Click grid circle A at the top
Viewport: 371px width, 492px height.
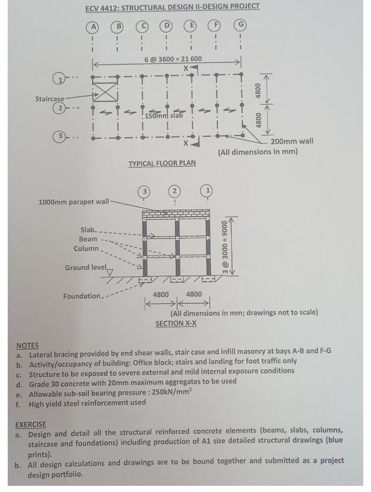[93, 26]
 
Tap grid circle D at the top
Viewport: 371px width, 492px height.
[166, 26]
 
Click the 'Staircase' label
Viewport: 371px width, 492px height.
[50, 98]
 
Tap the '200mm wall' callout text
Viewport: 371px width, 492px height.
[292, 141]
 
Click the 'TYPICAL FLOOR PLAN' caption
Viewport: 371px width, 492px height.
[162, 163]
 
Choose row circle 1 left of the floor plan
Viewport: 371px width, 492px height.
[59, 78]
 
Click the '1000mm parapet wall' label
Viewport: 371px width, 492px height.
[74, 201]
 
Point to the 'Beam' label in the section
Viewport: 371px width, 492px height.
[88, 239]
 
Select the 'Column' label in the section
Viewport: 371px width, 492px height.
[86, 249]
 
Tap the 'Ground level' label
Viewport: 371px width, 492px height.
[85, 267]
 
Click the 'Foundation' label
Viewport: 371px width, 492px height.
[82, 296]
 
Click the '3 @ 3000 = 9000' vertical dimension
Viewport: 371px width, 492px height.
[225, 245]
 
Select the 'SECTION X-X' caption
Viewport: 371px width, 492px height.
[176, 323]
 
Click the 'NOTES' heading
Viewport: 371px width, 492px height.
[27, 345]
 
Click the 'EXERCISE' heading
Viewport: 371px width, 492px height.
[30, 424]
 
